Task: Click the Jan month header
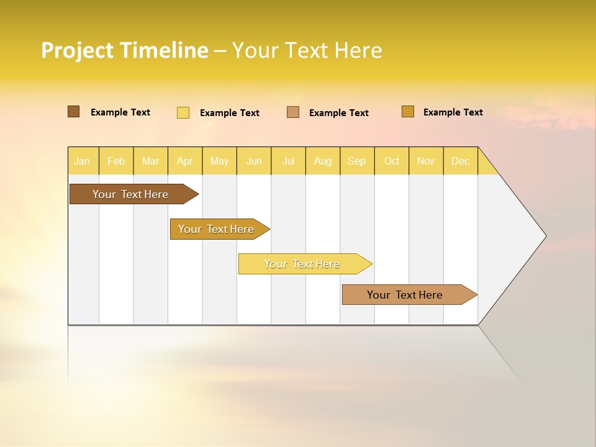(83, 161)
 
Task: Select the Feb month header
(116, 161)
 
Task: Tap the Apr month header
(185, 161)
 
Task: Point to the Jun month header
(254, 161)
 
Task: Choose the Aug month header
(323, 161)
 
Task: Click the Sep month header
(357, 161)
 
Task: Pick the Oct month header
(392, 161)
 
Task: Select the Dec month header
(461, 161)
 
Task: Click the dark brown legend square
(74, 112)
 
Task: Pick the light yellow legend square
(183, 112)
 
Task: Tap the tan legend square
(293, 112)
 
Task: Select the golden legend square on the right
(408, 112)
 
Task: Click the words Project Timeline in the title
(125, 50)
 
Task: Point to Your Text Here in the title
(307, 50)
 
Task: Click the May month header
(219, 161)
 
